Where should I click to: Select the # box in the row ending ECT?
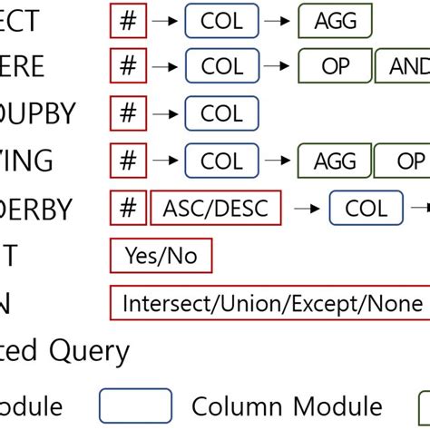coord(128,19)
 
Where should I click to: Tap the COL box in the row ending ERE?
coord(221,66)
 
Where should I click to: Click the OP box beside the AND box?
coord(336,66)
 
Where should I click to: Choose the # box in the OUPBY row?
coord(128,113)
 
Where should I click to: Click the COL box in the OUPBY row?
coord(221,113)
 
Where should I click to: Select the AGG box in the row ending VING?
coord(335,161)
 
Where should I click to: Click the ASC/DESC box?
coord(216,209)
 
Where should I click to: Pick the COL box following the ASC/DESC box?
coord(367,209)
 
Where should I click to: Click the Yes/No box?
coord(161,256)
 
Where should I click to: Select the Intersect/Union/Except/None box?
coord(270,303)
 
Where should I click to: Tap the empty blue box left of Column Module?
coord(135,406)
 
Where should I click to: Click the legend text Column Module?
coord(287,406)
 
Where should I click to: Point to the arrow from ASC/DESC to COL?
coord(306,210)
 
